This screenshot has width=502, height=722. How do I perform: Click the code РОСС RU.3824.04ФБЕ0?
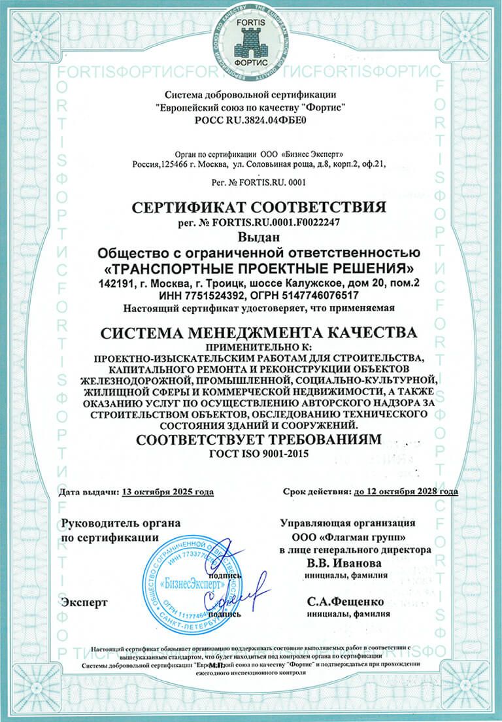(251, 120)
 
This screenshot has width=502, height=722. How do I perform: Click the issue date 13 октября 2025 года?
(167, 491)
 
